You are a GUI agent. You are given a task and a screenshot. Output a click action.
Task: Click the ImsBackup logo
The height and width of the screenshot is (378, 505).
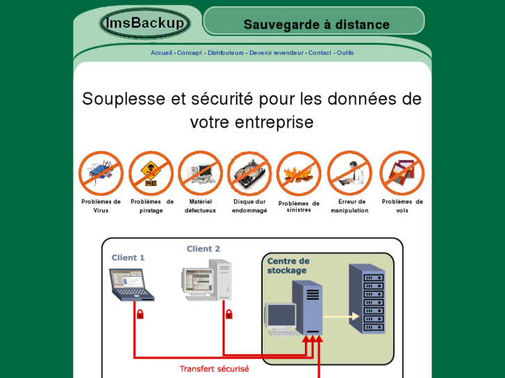point(144,24)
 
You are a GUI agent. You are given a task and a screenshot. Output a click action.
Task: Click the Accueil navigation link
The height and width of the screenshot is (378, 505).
point(161,53)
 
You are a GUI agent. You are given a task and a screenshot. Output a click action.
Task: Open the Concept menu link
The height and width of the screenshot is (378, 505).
point(189,53)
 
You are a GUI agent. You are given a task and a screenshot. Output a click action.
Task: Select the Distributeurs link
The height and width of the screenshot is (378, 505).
point(226,53)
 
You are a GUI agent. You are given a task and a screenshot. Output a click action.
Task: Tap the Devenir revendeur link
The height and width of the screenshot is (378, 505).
point(276,53)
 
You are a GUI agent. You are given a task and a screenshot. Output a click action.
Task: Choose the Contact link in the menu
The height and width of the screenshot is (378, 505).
point(320,53)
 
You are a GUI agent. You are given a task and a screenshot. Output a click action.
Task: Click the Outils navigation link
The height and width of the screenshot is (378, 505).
point(345,53)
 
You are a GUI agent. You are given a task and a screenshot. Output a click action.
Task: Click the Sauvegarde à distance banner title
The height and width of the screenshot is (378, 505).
point(316,25)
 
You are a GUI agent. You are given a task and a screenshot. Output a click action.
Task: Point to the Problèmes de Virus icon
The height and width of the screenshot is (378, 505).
point(101,173)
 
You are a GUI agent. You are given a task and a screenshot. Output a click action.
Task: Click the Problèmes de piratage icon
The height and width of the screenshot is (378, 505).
point(151,173)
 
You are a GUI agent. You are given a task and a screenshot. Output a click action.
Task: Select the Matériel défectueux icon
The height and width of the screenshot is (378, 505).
point(200,173)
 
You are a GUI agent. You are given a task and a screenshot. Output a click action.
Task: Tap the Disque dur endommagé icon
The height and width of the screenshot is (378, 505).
point(249,173)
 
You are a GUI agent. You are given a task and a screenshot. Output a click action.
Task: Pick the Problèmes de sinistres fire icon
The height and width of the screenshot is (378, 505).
point(299,173)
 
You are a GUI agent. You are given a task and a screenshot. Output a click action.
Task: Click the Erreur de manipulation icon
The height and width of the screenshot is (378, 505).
point(349,173)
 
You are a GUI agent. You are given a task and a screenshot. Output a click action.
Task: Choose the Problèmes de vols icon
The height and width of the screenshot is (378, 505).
point(401,173)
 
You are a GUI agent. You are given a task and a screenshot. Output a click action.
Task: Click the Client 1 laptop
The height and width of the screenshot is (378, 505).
point(131,284)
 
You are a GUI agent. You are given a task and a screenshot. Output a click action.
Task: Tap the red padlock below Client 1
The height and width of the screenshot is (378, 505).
point(140,314)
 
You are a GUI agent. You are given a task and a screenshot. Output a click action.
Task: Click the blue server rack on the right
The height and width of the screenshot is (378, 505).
point(366,299)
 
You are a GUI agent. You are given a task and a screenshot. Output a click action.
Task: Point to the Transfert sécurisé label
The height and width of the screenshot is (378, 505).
point(214,369)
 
